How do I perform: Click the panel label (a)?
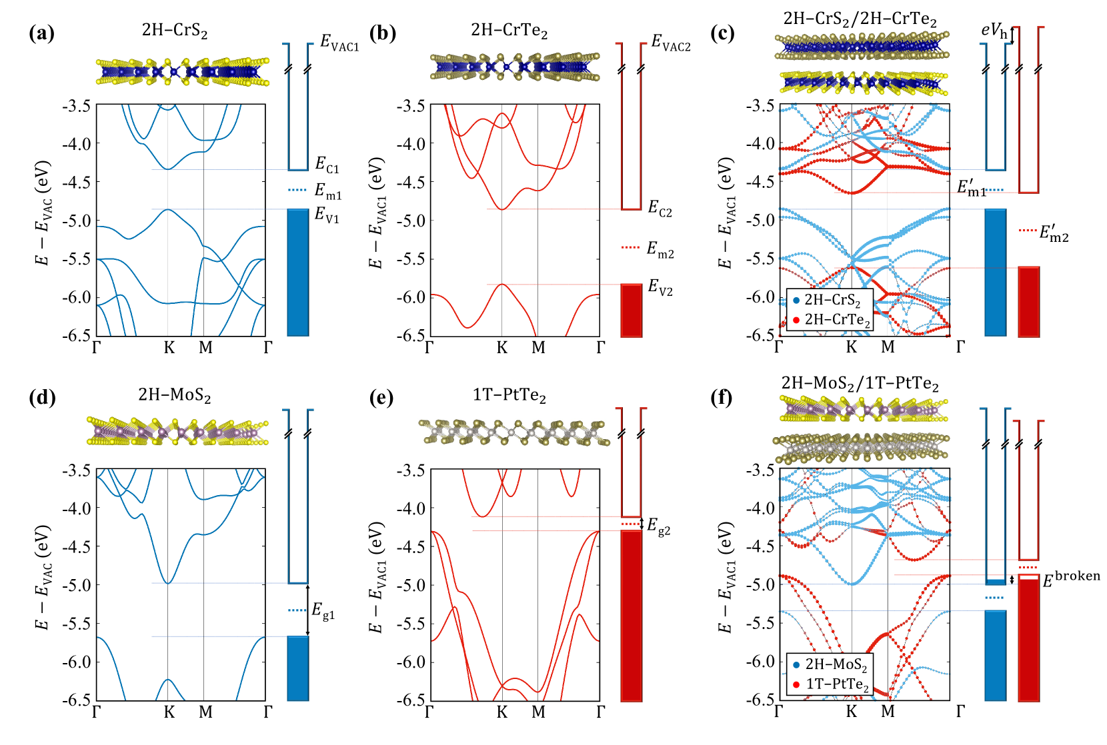(x=41, y=33)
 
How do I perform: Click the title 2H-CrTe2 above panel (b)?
(x=509, y=31)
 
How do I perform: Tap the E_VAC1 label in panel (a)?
(x=339, y=43)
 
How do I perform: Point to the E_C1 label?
(x=327, y=165)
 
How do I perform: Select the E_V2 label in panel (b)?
(x=660, y=287)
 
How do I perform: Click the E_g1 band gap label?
(x=323, y=610)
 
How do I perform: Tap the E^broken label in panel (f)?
(x=1071, y=578)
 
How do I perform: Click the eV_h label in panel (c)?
(x=994, y=31)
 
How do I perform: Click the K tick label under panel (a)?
(x=169, y=348)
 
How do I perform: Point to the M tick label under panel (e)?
(x=538, y=712)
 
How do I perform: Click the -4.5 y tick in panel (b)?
(x=411, y=182)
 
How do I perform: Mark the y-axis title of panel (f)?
(x=726, y=577)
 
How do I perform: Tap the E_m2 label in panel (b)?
(x=660, y=250)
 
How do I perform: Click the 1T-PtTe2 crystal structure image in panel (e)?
(x=513, y=432)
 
